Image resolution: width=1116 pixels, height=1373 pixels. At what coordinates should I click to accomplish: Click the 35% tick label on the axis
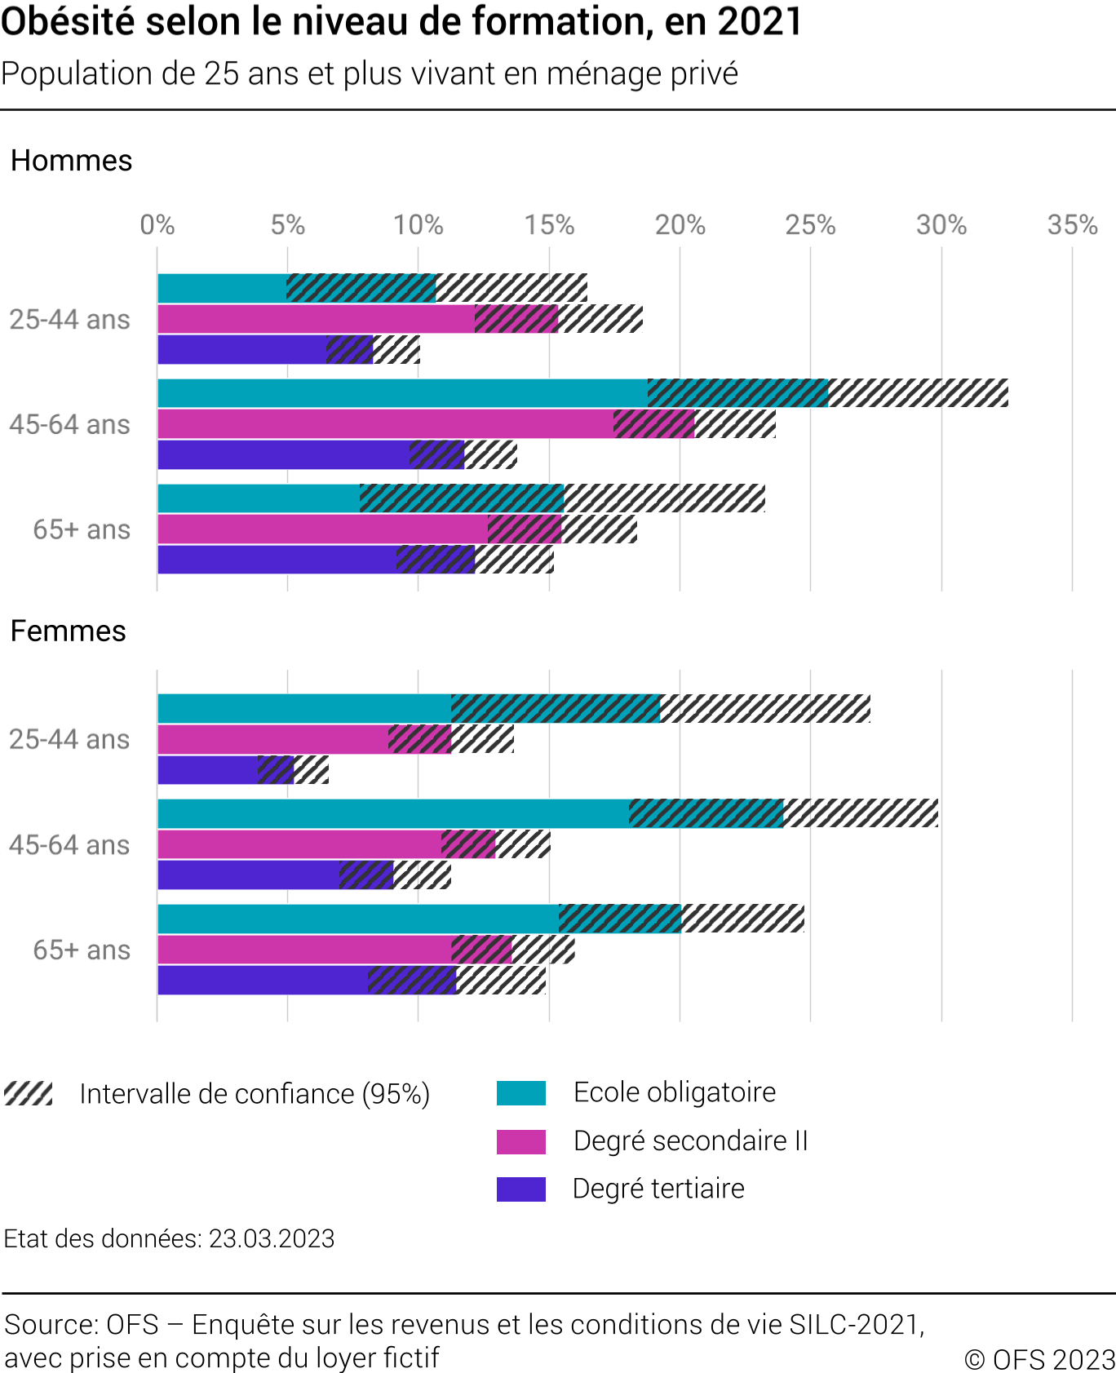pyautogui.click(x=1072, y=225)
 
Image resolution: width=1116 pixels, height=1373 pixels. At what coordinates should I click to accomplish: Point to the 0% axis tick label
pyautogui.click(x=157, y=225)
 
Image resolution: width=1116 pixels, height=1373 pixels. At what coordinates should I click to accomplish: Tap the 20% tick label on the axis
pyautogui.click(x=680, y=225)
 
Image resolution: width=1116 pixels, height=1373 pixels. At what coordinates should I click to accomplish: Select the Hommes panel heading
pyautogui.click(x=72, y=161)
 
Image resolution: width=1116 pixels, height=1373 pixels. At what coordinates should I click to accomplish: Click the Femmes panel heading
pyautogui.click(x=69, y=631)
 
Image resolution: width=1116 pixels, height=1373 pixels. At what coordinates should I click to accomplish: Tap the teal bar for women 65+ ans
pyautogui.click(x=359, y=919)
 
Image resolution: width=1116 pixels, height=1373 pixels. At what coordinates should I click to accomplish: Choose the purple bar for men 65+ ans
pyautogui.click(x=277, y=560)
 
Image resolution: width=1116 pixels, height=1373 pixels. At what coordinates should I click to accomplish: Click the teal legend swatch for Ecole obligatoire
pyautogui.click(x=520, y=1093)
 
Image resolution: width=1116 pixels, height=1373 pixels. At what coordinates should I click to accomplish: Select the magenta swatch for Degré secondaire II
pyautogui.click(x=520, y=1141)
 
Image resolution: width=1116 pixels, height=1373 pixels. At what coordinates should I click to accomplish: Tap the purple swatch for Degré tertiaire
pyautogui.click(x=520, y=1189)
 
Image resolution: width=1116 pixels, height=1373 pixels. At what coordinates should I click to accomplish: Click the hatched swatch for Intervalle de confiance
pyautogui.click(x=29, y=1093)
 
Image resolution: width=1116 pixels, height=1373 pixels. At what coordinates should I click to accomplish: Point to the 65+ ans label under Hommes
pyautogui.click(x=82, y=529)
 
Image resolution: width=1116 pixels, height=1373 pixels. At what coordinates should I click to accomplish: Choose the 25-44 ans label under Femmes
pyautogui.click(x=69, y=739)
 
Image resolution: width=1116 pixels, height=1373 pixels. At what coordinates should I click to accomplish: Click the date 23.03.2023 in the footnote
pyautogui.click(x=272, y=1238)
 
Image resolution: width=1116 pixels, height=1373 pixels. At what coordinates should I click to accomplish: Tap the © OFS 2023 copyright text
pyautogui.click(x=1039, y=1359)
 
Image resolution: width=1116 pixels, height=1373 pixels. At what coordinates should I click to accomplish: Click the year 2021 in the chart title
pyautogui.click(x=759, y=22)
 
